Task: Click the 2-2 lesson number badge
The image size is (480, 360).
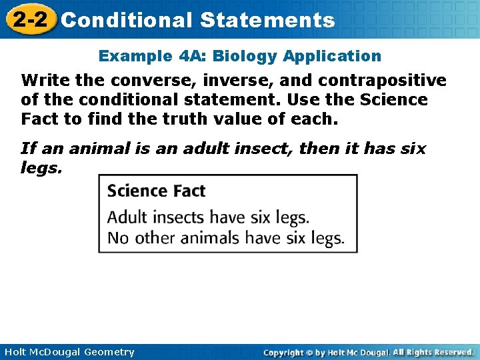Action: (29, 20)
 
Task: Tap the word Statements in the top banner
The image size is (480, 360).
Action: (267, 20)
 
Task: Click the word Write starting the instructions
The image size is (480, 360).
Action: (41, 81)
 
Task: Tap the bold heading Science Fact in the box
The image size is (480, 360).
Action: (156, 191)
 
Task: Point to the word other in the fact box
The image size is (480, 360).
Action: (153, 238)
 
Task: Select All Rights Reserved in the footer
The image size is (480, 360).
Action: (433, 352)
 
